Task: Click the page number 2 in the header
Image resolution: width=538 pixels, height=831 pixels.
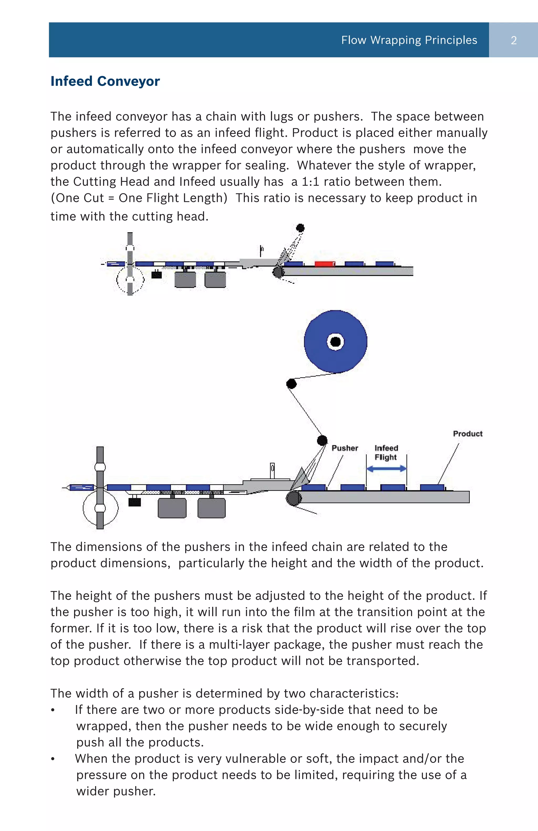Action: pos(513,40)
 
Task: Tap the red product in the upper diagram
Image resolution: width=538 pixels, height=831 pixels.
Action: pos(324,264)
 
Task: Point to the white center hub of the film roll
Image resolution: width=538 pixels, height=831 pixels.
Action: pos(335,341)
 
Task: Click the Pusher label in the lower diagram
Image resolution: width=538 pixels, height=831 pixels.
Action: pos(345,448)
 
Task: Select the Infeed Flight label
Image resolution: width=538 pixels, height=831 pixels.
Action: pos(386,453)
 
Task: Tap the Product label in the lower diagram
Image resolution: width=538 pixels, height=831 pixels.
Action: pos(468,434)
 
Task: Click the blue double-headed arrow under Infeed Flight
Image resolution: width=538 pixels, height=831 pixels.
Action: pos(386,469)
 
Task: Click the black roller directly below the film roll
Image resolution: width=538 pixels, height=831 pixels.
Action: pos(292,384)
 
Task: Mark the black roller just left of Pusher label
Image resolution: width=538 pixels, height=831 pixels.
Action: pos(322,440)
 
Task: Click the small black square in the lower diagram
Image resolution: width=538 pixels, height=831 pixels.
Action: pos(134,502)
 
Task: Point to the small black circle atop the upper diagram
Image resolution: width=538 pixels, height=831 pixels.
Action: pos(300,228)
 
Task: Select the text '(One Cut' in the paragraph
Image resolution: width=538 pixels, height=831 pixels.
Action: pos(77,198)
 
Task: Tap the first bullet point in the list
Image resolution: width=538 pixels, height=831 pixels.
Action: pos(53,710)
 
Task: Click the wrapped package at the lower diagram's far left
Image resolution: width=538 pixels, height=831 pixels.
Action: pos(82,487)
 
